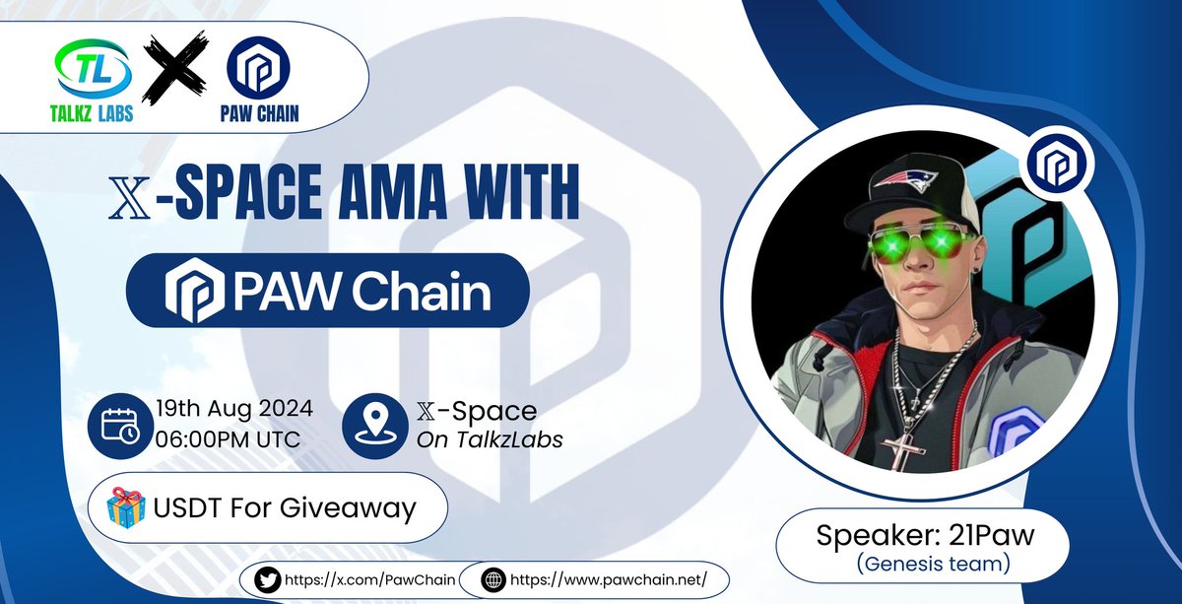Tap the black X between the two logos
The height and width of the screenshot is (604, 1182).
(175, 68)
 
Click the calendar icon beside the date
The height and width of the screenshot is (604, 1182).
(123, 423)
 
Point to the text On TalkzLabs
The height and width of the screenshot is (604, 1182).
(490, 440)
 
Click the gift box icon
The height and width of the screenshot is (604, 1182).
(128, 509)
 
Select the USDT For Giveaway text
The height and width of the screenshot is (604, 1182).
(285, 509)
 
